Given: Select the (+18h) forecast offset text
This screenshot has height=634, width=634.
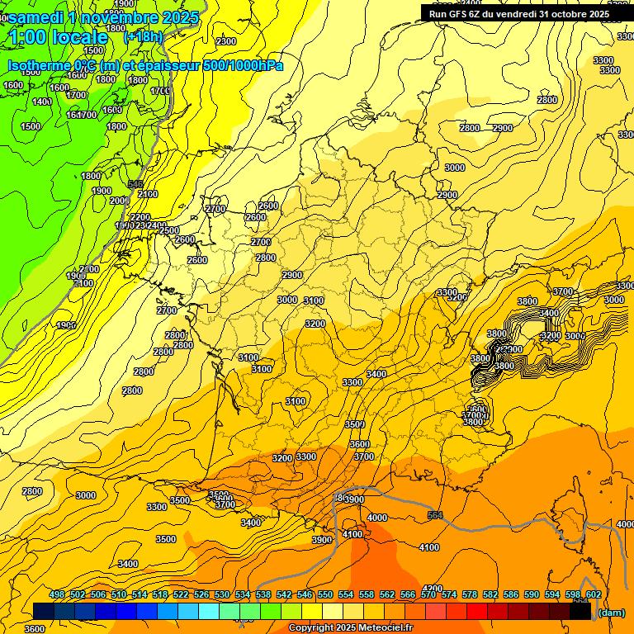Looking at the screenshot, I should click(x=143, y=37).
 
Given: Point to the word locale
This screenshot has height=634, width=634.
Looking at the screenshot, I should click(x=79, y=37).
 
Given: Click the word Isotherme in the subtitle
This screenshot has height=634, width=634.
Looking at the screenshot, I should click(x=38, y=65).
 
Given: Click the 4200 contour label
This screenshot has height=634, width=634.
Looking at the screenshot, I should click(x=433, y=589).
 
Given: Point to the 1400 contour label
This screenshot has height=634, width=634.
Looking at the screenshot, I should click(x=42, y=102).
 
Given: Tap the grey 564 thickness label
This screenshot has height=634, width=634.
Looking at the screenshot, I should click(x=435, y=515).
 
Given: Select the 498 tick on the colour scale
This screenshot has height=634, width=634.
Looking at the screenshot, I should click(x=57, y=594).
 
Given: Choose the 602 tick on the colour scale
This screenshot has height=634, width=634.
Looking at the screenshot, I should click(x=593, y=594).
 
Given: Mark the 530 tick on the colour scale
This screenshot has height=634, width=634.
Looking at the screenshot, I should click(x=222, y=594).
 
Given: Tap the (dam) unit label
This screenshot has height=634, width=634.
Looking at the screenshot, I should click(x=612, y=613).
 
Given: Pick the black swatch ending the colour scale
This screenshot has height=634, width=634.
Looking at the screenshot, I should click(x=580, y=612).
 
